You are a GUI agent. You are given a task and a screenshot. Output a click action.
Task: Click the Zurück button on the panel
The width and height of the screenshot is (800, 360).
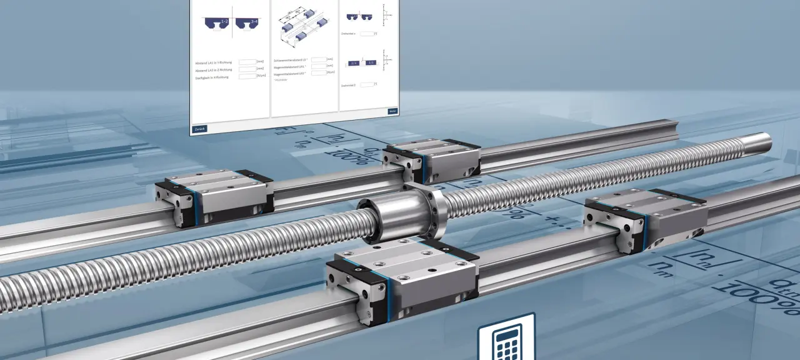[199, 129]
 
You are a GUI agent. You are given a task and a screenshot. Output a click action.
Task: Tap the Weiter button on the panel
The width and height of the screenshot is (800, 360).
[392, 111]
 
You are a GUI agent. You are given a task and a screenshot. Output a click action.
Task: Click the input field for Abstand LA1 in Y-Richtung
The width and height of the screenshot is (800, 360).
[247, 61]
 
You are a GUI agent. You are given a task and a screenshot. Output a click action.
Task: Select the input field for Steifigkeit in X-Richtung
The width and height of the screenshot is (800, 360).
[247, 76]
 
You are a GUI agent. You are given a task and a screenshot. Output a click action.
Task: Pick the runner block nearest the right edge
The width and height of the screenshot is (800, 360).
[645, 219]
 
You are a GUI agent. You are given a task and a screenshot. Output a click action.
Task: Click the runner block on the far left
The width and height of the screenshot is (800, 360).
[214, 197]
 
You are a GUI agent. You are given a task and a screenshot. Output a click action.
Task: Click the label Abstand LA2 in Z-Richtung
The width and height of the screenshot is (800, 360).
[212, 69]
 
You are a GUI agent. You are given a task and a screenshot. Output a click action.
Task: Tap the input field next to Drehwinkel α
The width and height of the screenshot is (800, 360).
[367, 34]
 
